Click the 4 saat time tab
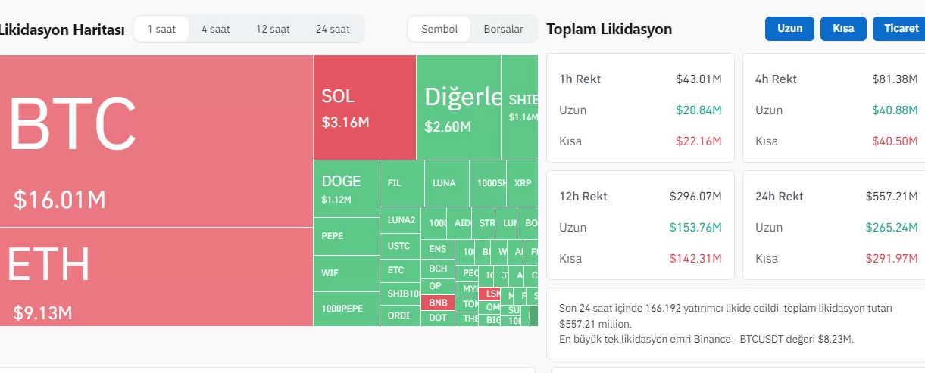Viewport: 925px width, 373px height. point(215,30)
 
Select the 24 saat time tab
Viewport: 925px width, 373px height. point(333,30)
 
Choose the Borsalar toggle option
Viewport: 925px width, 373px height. point(503,30)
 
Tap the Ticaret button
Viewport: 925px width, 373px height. point(900,29)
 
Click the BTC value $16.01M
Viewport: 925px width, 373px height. point(60,200)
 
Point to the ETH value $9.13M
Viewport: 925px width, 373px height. point(42,312)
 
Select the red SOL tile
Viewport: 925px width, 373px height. point(364,107)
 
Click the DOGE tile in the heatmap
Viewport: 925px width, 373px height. point(346,188)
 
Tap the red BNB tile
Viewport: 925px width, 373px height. point(438,303)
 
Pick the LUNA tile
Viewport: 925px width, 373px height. point(445,183)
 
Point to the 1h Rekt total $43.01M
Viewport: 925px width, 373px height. point(698,79)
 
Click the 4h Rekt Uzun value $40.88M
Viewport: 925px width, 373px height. point(895,110)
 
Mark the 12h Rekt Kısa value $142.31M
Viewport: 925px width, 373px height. point(695,258)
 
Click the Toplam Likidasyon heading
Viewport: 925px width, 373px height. point(609,30)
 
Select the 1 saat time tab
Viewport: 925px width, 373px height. point(161,30)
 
